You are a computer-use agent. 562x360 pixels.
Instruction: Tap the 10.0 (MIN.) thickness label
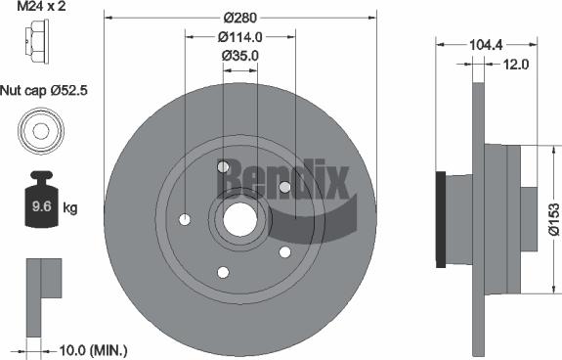tap(90, 349)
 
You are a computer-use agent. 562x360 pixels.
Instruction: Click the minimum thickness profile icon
tap(40, 284)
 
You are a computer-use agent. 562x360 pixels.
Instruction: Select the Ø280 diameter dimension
tap(239, 18)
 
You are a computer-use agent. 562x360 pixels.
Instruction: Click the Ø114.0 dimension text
tap(239, 37)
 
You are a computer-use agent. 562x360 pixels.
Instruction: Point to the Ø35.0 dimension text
tap(239, 56)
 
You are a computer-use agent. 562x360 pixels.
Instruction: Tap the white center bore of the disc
tap(239, 218)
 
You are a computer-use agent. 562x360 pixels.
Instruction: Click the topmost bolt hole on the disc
tap(223, 166)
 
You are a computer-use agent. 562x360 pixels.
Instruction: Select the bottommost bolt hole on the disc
tap(223, 271)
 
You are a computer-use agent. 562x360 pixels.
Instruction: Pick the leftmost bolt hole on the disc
tap(186, 219)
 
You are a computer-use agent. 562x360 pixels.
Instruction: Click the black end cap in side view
tap(441, 218)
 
